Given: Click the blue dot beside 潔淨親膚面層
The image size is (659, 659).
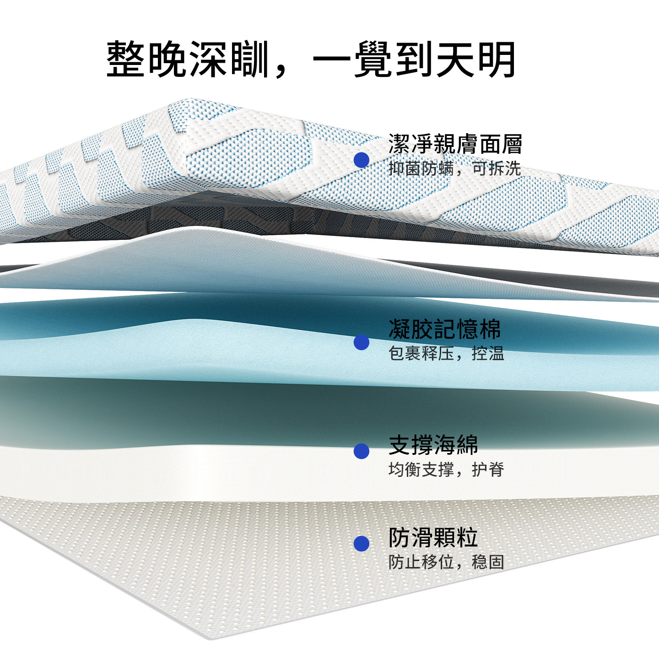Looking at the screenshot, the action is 362,160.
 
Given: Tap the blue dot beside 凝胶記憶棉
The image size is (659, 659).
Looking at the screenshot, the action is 362,342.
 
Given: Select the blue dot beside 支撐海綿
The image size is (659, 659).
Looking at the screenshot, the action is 362,451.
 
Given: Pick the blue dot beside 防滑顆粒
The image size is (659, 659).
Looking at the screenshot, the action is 362,544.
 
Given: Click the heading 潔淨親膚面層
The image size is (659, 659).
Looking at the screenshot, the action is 455,145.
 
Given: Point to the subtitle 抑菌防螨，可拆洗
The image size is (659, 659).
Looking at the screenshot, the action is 454,169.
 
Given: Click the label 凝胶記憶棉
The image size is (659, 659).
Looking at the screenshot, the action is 444,329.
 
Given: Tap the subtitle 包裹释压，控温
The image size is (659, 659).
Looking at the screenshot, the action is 446,354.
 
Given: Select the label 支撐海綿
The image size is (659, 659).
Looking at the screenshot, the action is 433,445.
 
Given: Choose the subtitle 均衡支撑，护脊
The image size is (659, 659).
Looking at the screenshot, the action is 446,470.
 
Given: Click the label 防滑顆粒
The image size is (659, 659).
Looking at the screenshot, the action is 433,538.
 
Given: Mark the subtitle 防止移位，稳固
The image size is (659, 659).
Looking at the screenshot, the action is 446,562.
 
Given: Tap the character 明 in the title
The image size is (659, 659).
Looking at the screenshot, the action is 497,59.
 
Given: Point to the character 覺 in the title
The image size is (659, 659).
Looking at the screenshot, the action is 373,59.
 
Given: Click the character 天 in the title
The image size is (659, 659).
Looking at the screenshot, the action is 456,59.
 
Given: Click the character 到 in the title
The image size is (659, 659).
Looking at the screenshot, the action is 415,59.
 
